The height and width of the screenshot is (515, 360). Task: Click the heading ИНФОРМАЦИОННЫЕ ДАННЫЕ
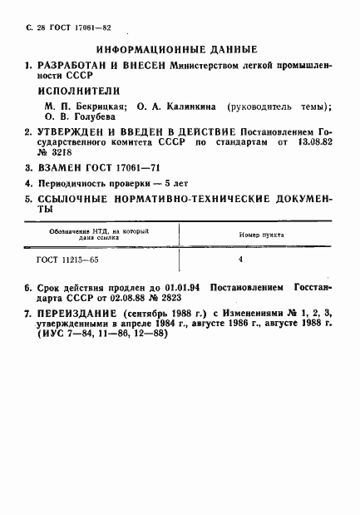pos(177,49)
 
